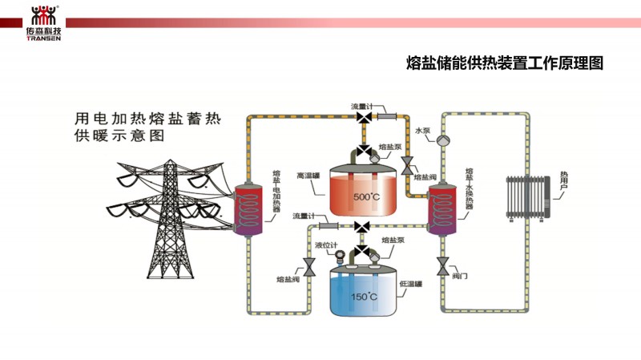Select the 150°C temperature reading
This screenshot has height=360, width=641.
click(x=365, y=297)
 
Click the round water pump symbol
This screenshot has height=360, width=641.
click(x=443, y=138)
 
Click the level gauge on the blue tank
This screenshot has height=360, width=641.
click(x=340, y=258)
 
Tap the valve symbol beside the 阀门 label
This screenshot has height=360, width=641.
click(x=441, y=265)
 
